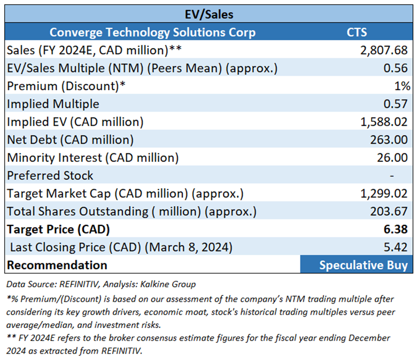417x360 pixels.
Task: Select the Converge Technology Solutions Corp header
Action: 152,32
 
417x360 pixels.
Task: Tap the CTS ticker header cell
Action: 357,32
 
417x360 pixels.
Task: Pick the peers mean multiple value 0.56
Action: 398,68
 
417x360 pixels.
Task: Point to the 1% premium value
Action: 402,86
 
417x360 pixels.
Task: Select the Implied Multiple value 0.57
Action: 398,104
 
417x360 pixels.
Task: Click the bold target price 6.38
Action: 398,230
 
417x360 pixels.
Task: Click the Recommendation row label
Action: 57,265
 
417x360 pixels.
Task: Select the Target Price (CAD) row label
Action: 58,230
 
